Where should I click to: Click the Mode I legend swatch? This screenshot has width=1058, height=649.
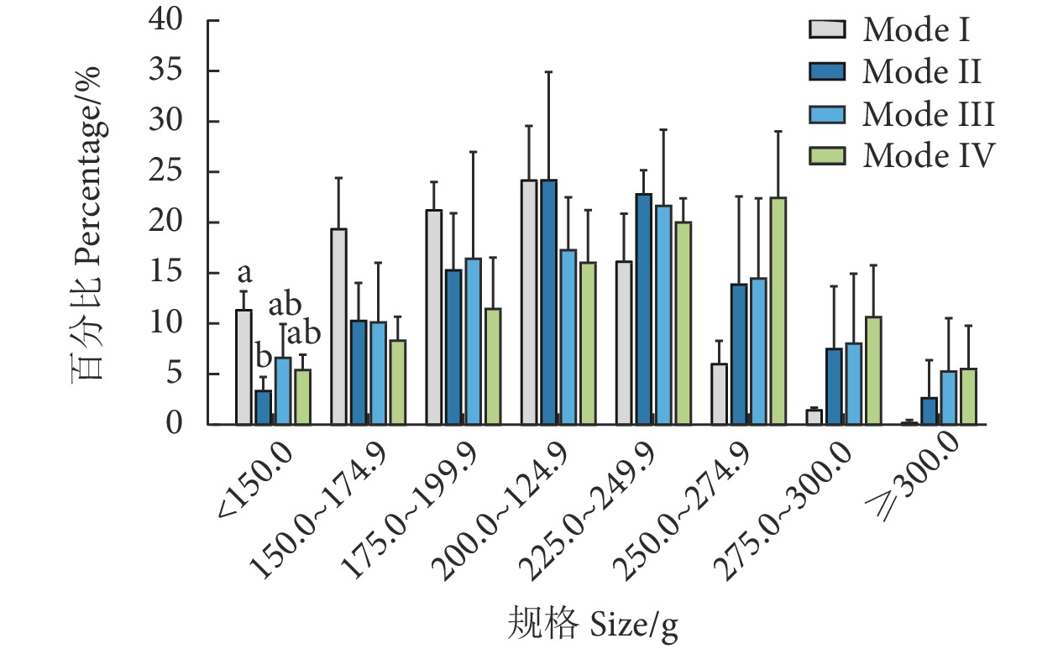pos(824,30)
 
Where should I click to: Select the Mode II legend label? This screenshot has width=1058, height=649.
pos(922,71)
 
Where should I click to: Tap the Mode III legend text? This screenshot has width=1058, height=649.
pos(928,113)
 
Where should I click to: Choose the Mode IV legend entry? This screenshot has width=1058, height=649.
pos(929,155)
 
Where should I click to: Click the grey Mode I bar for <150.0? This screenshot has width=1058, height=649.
pos(244,367)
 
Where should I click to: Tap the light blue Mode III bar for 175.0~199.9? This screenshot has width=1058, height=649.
pos(473,341)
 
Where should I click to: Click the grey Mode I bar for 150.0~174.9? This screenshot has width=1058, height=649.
pos(339,327)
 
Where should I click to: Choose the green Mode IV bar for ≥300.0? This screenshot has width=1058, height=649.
pos(968,396)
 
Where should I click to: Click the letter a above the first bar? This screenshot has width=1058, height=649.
pos(244,274)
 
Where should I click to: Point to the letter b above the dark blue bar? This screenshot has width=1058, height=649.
pos(263,359)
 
